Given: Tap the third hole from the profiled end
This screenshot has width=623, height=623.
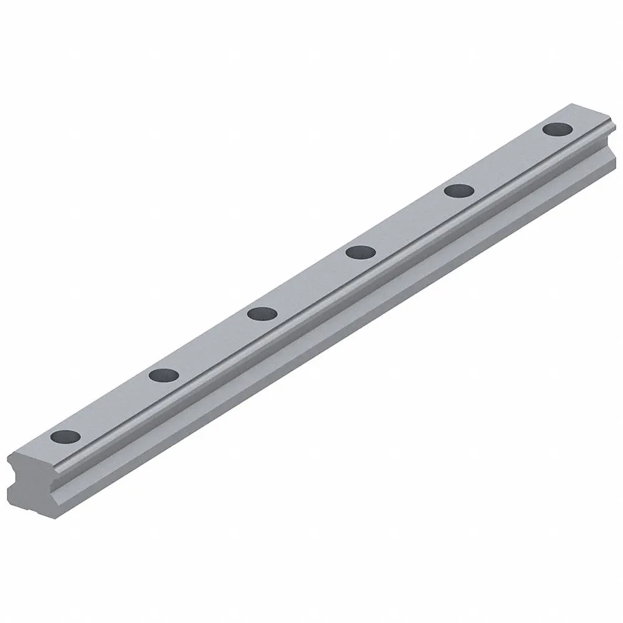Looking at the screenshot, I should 262,313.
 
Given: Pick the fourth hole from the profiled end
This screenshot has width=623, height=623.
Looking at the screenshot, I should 361,252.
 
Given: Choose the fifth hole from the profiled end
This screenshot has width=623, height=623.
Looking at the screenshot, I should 459,191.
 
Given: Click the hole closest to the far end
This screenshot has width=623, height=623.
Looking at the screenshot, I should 558,130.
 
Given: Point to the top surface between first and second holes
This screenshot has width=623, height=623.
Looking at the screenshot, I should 115,406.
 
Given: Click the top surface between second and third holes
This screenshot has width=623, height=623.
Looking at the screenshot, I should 214,344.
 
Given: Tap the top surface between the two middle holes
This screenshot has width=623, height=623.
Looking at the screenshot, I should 311,283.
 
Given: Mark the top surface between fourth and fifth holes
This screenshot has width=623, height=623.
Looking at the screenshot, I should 410,221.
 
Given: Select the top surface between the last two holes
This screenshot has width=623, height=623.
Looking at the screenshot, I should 508,160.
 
